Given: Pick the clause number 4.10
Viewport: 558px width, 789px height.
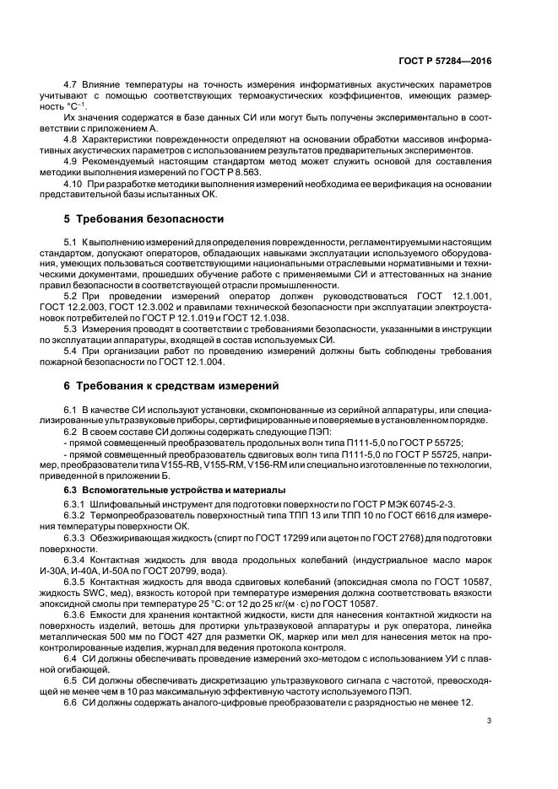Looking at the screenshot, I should [74, 183].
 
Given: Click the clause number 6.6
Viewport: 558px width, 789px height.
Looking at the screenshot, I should [72, 702].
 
